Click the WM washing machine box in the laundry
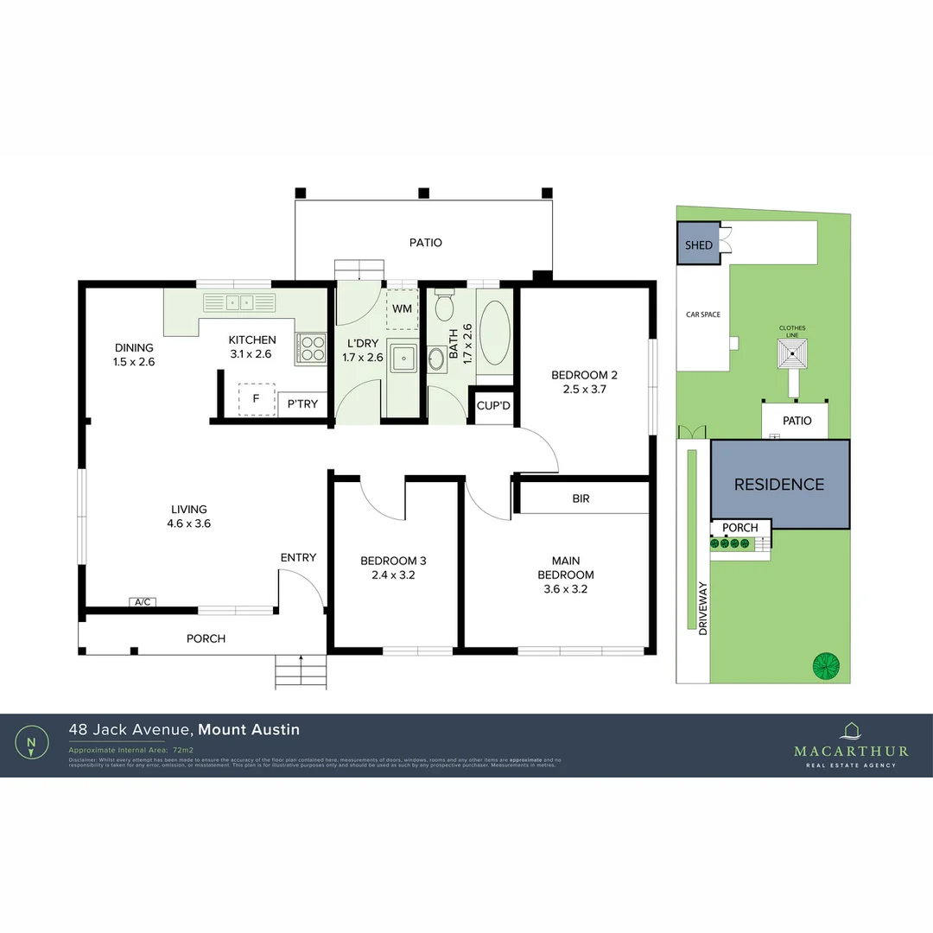[x=402, y=309]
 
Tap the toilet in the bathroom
[x=445, y=307]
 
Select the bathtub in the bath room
[x=494, y=332]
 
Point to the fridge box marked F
[x=256, y=400]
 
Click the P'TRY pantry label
[x=302, y=403]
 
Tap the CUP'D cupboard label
[x=493, y=405]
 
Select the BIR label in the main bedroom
[x=581, y=498]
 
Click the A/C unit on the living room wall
[x=143, y=602]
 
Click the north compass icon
[x=32, y=742]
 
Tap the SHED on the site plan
[x=699, y=244]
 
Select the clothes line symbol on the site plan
[x=792, y=353]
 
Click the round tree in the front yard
[x=826, y=666]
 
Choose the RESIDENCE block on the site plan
[x=779, y=485]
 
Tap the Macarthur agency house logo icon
[x=851, y=731]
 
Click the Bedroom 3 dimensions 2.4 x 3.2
[x=393, y=574]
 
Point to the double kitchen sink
[x=239, y=302]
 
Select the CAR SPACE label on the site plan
[x=702, y=314]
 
